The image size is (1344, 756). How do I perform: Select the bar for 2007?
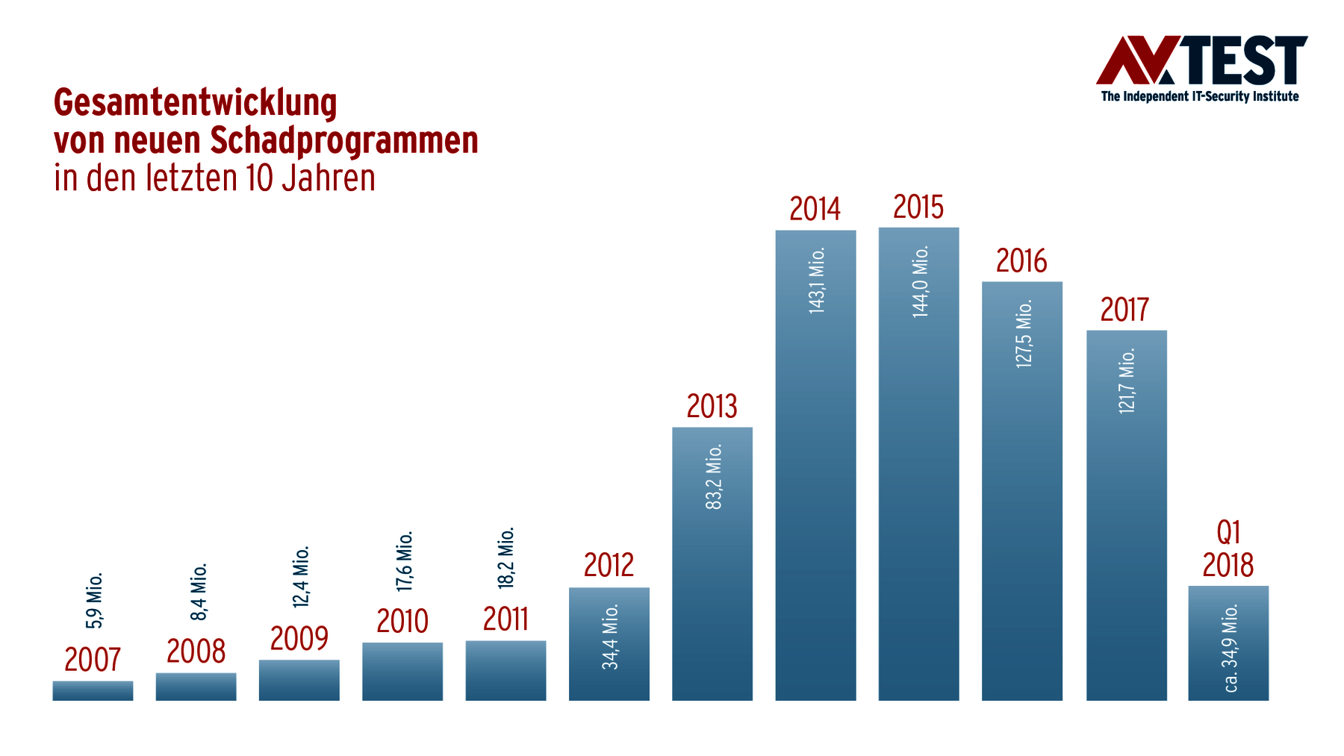click(x=93, y=691)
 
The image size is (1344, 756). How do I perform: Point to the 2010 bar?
click(x=402, y=672)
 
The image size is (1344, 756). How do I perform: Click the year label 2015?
click(x=918, y=207)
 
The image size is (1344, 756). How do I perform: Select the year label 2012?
click(x=609, y=566)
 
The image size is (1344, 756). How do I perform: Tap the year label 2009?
click(x=299, y=639)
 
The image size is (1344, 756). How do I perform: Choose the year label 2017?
click(x=1124, y=310)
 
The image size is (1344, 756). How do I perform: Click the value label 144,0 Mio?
click(x=921, y=281)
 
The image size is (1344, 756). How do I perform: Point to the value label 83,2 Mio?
click(x=714, y=477)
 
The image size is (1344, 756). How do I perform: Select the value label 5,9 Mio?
click(x=95, y=601)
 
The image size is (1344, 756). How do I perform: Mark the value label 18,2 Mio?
click(x=507, y=557)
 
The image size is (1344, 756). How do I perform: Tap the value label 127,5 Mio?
click(x=1024, y=334)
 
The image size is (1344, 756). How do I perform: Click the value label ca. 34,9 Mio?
click(x=1231, y=648)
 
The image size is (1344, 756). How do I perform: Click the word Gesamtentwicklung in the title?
click(x=196, y=102)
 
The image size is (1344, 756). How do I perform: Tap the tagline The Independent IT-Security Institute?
click(x=1200, y=96)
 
